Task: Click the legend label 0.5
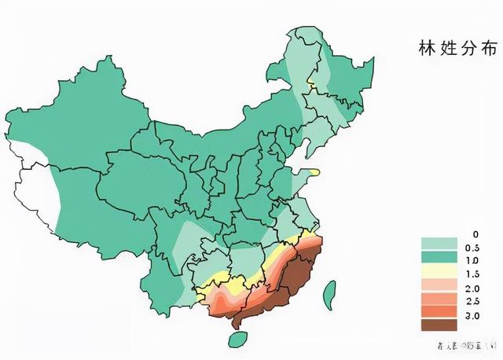pyautogui.click(x=472, y=248)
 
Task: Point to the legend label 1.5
pyautogui.click(x=472, y=274)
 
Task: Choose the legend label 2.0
pyautogui.click(x=472, y=288)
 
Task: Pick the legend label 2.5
pyautogui.click(x=472, y=302)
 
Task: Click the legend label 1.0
pyautogui.click(x=472, y=261)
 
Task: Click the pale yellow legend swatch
pyautogui.click(x=439, y=271)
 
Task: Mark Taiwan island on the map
pyautogui.click(x=331, y=294)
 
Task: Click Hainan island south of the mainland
pyautogui.click(x=234, y=339)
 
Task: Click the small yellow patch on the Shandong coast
pyautogui.click(x=314, y=171)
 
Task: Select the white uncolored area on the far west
pyautogui.click(x=31, y=189)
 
